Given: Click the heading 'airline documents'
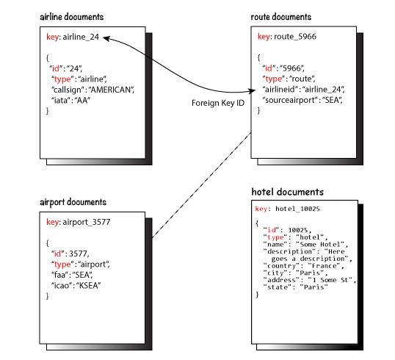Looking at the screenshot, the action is [72, 17].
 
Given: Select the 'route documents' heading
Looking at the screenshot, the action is [281, 17].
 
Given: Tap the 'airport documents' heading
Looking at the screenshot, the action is [73, 202].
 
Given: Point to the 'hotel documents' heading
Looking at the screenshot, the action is [287, 192].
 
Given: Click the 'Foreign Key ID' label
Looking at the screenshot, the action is [218, 103].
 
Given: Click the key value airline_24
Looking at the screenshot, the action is [81, 37].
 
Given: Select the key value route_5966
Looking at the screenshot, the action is [295, 37].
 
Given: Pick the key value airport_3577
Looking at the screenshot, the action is [87, 222].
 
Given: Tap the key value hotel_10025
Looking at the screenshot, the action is [297, 209].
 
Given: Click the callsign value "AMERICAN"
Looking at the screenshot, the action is [112, 90].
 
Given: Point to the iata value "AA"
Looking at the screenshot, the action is [82, 101].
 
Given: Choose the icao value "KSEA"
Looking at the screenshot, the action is [88, 286].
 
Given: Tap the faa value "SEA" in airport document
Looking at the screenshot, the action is [83, 275].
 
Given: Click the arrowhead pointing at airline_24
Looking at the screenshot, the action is [106, 38].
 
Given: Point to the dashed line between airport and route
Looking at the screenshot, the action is [201, 185].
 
